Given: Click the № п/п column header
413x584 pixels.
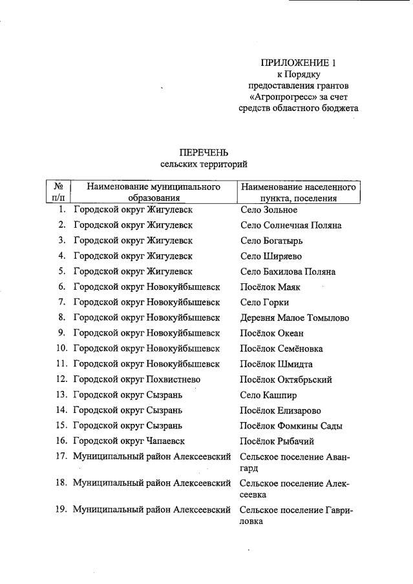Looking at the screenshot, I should [x=58, y=192].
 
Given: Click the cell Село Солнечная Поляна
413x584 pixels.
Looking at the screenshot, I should [x=290, y=225].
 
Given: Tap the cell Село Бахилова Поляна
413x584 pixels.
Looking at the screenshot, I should [x=288, y=272].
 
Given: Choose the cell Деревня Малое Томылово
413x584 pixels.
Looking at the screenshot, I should [x=294, y=318].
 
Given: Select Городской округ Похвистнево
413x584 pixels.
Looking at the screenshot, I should [x=142, y=380].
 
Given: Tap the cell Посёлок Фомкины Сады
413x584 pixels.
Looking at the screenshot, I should [x=291, y=426].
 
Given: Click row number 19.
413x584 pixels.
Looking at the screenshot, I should [x=61, y=510].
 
